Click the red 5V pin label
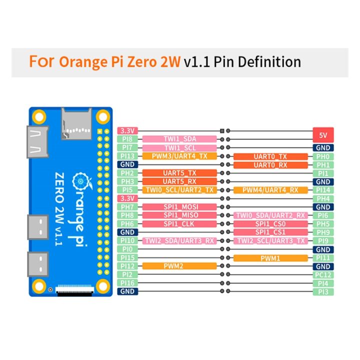[x=322, y=135]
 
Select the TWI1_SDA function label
[x=180, y=139]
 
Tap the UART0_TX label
[x=270, y=156]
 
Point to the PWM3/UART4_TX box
[x=180, y=156]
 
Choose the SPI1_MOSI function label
[x=180, y=207]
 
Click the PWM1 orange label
[x=270, y=258]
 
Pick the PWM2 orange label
[x=180, y=266]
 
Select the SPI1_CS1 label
[x=270, y=232]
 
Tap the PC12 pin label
[x=322, y=275]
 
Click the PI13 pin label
[x=127, y=156]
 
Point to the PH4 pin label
[x=322, y=198]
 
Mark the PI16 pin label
[x=127, y=283]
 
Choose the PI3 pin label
[x=322, y=291]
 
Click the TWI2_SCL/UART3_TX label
[x=270, y=241]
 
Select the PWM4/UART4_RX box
[x=270, y=190]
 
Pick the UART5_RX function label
[x=180, y=181]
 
